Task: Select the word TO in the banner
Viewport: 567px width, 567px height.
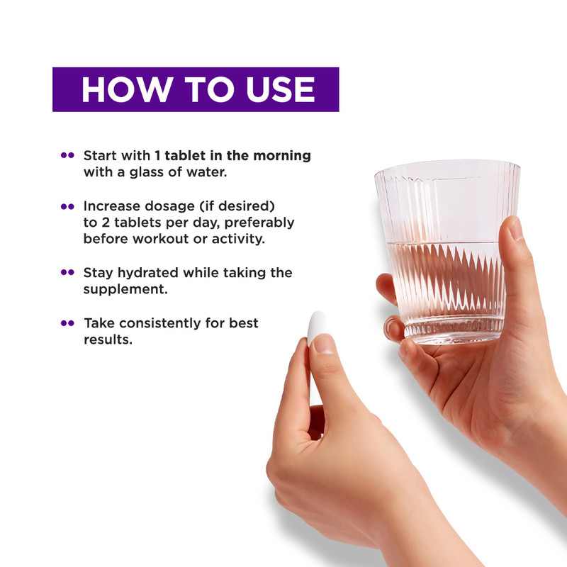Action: click(x=209, y=90)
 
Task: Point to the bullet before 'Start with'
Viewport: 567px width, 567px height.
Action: click(x=67, y=155)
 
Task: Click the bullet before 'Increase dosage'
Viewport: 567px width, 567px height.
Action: click(x=67, y=206)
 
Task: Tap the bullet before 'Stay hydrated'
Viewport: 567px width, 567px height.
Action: click(x=67, y=272)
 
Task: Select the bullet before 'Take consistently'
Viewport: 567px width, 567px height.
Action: click(x=67, y=323)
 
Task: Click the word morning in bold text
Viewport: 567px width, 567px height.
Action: click(x=282, y=156)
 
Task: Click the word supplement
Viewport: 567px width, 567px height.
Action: click(x=125, y=290)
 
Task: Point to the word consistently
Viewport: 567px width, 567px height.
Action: click(x=160, y=323)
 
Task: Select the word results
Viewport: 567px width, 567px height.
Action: click(x=108, y=339)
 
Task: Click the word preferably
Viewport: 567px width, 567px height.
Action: click(x=259, y=223)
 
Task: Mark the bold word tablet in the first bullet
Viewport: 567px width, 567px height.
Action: click(x=185, y=156)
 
